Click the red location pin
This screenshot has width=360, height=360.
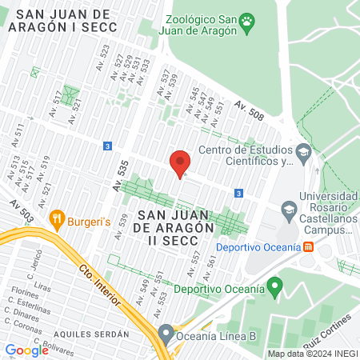point(180,162)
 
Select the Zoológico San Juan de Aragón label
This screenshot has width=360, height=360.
point(204,25)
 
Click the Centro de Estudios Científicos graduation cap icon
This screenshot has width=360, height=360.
point(302,151)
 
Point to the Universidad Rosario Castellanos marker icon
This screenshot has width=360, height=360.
point(289,210)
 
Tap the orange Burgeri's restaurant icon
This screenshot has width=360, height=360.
point(57,218)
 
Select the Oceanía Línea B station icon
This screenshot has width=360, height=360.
point(166,332)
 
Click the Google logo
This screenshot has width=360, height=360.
point(27,350)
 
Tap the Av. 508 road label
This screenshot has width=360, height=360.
point(249,110)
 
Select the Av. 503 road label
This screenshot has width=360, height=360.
point(22,212)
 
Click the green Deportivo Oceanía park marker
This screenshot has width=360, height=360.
point(274,286)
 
